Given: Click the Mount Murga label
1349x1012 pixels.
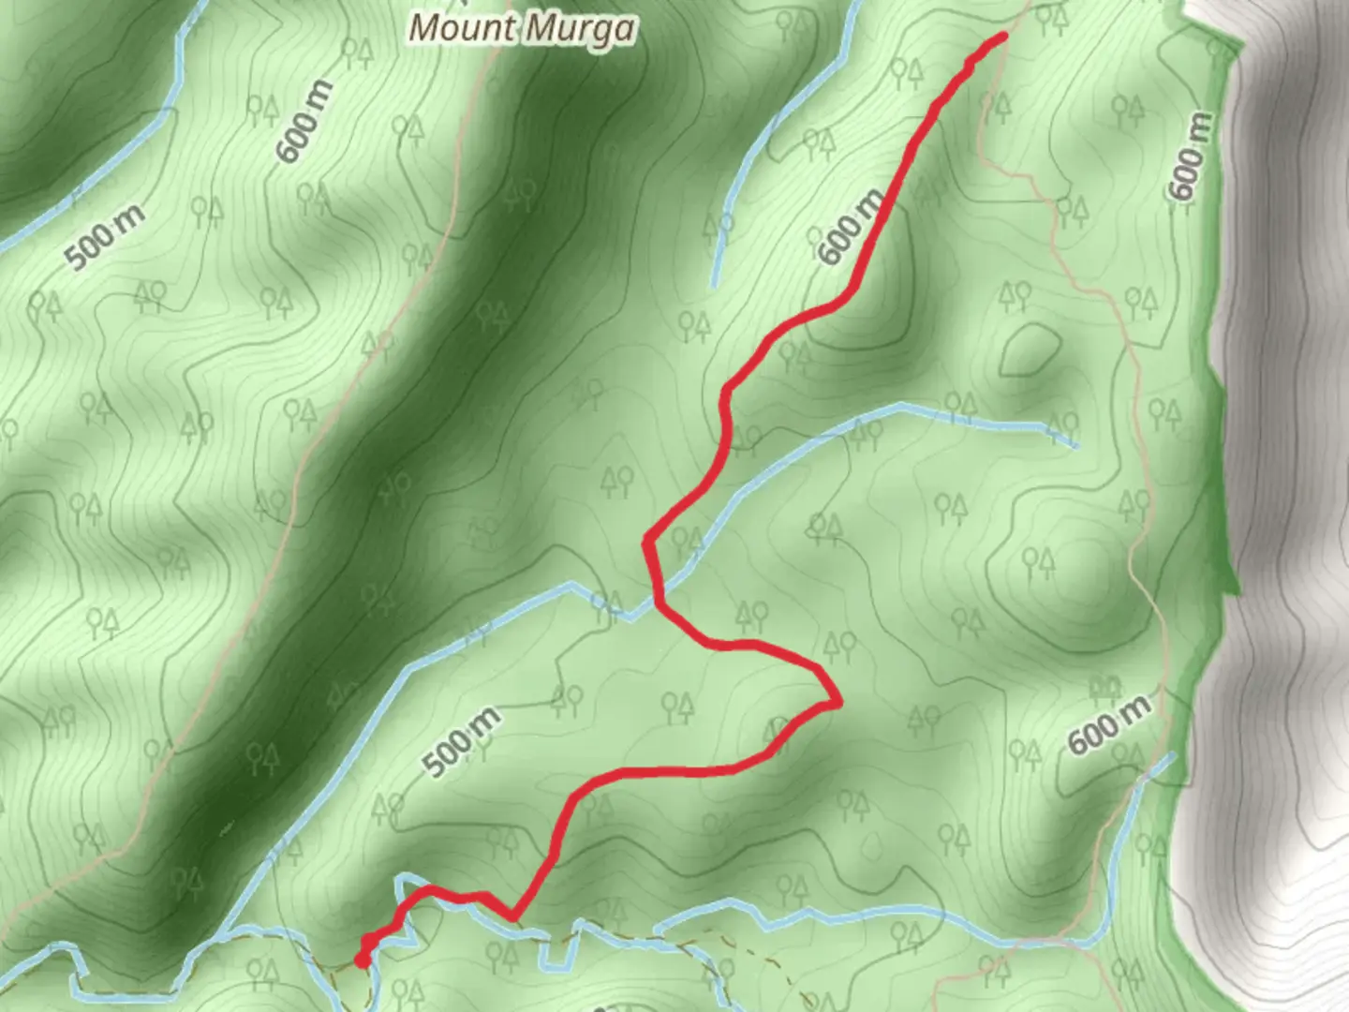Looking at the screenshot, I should [522, 28].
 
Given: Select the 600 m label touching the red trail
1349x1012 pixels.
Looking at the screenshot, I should [850, 227].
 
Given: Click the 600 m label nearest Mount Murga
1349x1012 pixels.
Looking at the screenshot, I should [304, 121].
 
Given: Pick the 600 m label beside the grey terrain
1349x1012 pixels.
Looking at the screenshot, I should [1190, 156].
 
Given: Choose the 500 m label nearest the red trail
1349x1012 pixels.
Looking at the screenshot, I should [462, 743].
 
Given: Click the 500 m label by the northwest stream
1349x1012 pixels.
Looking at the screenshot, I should [106, 237].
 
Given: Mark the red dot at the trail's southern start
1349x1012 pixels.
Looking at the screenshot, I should [362, 960].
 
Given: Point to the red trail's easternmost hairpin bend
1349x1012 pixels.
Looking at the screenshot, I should [837, 700].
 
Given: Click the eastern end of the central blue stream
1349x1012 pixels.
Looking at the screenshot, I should [1075, 445].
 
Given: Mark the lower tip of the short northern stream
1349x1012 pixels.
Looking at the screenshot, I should [715, 284].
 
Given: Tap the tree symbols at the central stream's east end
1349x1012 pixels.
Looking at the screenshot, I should [1061, 424].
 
